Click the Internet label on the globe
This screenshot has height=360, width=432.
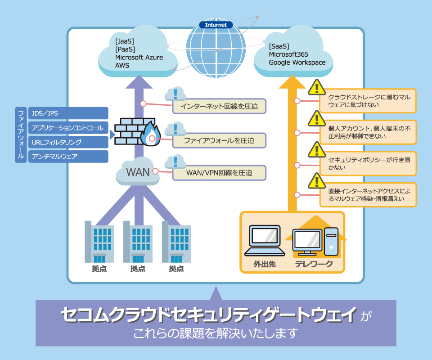[216, 25]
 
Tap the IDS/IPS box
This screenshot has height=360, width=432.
[68, 113]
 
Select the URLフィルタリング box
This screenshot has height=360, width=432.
[68, 142]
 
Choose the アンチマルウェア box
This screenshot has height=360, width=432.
[68, 157]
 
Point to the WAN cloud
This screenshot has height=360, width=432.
[137, 172]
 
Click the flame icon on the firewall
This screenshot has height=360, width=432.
[150, 135]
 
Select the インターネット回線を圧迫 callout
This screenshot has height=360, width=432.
[219, 107]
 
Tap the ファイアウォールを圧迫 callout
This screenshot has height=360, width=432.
[219, 140]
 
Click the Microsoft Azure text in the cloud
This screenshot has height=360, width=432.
[139, 58]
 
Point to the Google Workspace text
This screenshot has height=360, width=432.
[297, 63]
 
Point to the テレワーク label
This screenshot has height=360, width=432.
[314, 264]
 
